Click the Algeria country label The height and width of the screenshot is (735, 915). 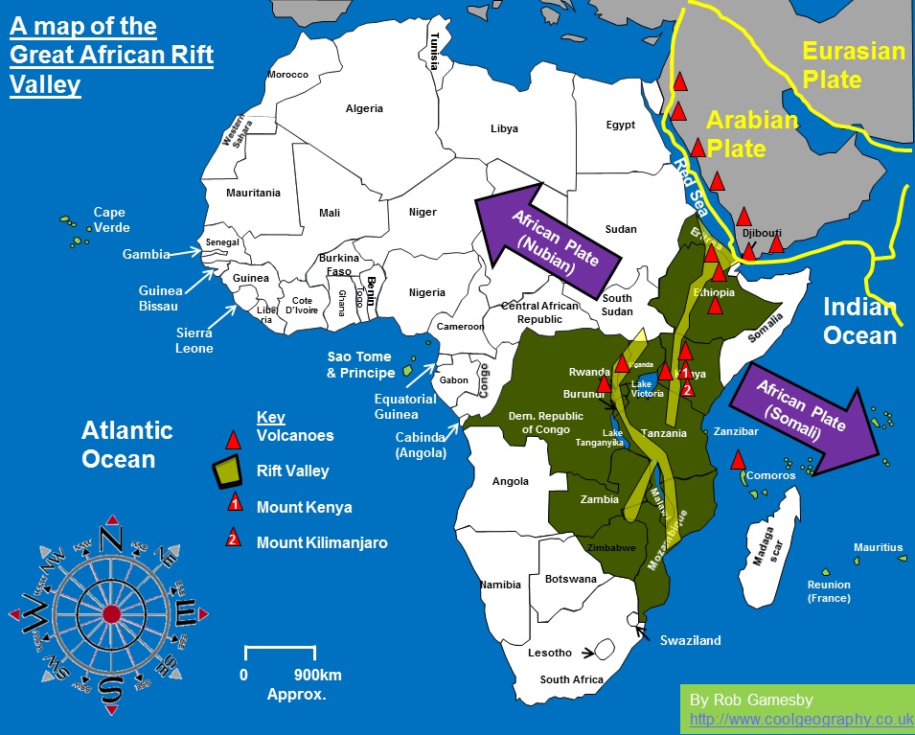pos(364,108)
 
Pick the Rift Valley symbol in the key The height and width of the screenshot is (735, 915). pos(228,471)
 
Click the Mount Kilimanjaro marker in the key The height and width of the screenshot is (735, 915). pos(232,540)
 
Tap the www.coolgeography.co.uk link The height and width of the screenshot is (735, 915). pos(801,719)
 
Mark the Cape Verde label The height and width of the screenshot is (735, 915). pos(110,219)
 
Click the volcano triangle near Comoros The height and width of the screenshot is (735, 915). pos(738,458)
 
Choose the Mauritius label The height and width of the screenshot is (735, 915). pos(878,547)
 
